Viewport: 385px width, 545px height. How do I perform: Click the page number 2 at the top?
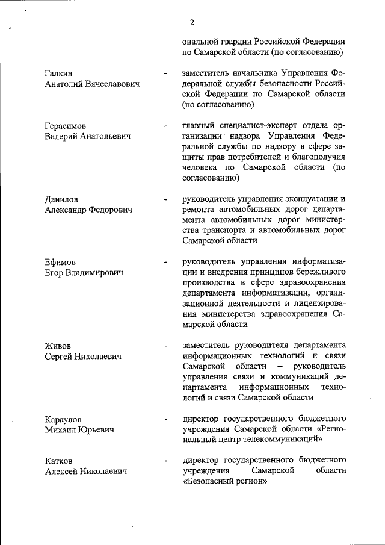tap(192, 23)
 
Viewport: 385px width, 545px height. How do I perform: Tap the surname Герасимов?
tap(65, 126)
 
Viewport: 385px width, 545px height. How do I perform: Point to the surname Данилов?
tap(61, 199)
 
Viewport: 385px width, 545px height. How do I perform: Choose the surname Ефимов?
tap(60, 262)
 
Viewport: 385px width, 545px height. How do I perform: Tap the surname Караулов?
tap(64, 419)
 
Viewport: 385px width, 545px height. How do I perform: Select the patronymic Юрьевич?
tap(100, 430)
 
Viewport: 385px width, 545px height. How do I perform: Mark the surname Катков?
tap(60, 461)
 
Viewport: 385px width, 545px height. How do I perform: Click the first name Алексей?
tap(63, 472)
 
